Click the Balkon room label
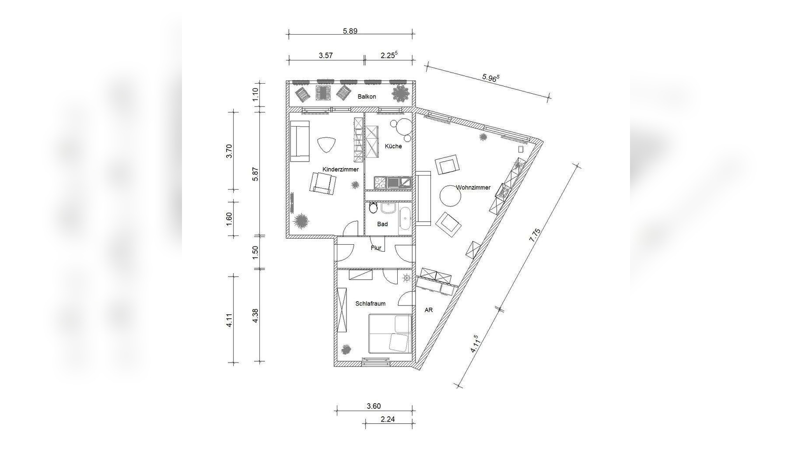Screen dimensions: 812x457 pos(367,96)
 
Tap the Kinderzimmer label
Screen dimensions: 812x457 pos(340,169)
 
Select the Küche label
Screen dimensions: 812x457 pos(393,146)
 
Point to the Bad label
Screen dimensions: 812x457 pos(382,224)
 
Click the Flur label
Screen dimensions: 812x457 pos(376,248)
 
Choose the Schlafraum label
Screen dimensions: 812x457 pos(370,303)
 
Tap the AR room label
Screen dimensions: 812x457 pos(429,310)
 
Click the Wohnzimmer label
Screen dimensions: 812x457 pos(473,187)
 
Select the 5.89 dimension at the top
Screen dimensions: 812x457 pos(350,31)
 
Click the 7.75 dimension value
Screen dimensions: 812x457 pos(535,236)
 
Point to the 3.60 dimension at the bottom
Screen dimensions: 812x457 pos(374,406)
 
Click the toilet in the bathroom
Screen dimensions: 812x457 pos(373,207)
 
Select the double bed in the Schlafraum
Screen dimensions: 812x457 pos(390,333)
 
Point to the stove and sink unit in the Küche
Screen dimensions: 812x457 pos(392,182)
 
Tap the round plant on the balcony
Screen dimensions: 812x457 pos(400,94)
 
